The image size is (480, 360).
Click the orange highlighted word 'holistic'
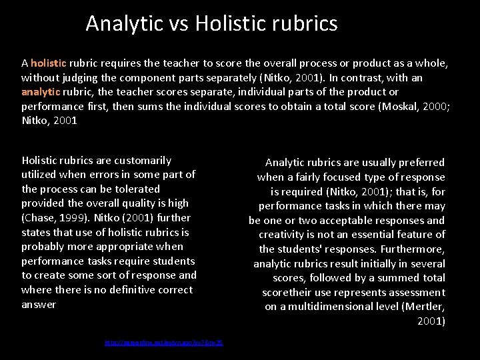point(49,63)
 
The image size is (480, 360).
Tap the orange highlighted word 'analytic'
point(41,92)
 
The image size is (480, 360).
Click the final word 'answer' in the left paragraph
point(39,305)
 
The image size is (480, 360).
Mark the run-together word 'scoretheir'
point(289,293)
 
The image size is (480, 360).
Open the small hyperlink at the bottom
point(163,343)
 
